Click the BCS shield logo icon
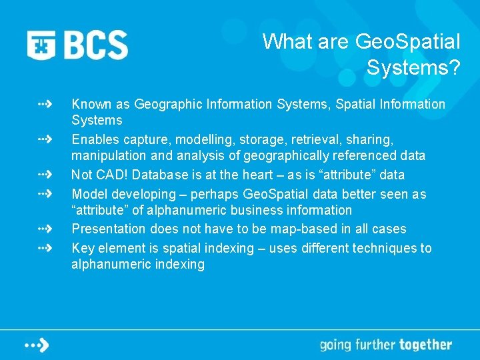[x=42, y=45]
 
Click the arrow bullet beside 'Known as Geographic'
[x=45, y=105]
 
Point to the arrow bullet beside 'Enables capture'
[x=45, y=140]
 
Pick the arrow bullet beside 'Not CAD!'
[x=45, y=175]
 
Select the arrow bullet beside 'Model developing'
[x=45, y=194]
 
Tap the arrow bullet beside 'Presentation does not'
[x=45, y=229]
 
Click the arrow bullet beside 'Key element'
[x=45, y=248]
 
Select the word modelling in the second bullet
[x=203, y=140]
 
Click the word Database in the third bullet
[x=159, y=175]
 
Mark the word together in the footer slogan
[x=425, y=345]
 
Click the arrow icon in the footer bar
[x=38, y=345]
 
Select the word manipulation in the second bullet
[x=105, y=156]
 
